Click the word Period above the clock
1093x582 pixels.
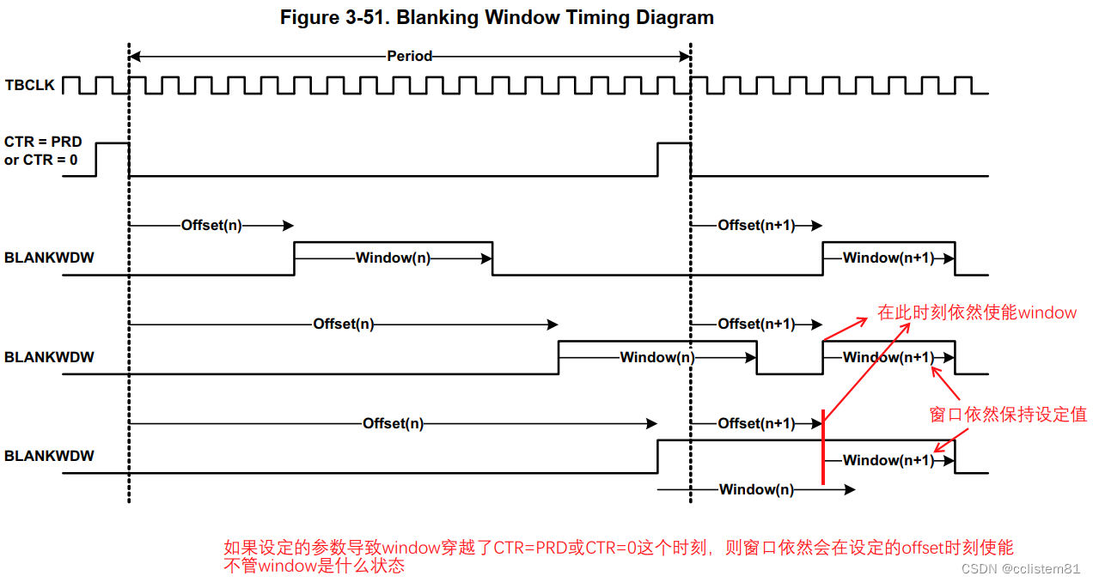(x=409, y=57)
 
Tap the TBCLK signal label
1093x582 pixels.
(x=30, y=86)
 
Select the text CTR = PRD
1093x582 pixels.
(x=43, y=142)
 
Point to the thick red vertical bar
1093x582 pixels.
(x=823, y=448)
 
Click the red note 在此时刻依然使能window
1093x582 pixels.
(x=976, y=312)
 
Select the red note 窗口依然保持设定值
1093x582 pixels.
(x=1008, y=415)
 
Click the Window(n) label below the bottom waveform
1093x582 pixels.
(x=756, y=489)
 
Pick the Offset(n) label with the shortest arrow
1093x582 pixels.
(x=211, y=225)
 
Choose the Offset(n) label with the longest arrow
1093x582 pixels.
(x=393, y=423)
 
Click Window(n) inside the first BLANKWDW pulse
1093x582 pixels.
(x=393, y=258)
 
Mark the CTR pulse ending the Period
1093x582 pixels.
(x=674, y=159)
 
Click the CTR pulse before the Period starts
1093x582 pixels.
(x=112, y=159)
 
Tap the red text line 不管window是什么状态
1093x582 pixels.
(x=314, y=567)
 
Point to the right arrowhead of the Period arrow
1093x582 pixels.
(x=685, y=57)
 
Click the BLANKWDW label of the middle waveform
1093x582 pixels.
(x=49, y=356)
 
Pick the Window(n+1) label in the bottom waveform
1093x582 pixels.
(x=888, y=460)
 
